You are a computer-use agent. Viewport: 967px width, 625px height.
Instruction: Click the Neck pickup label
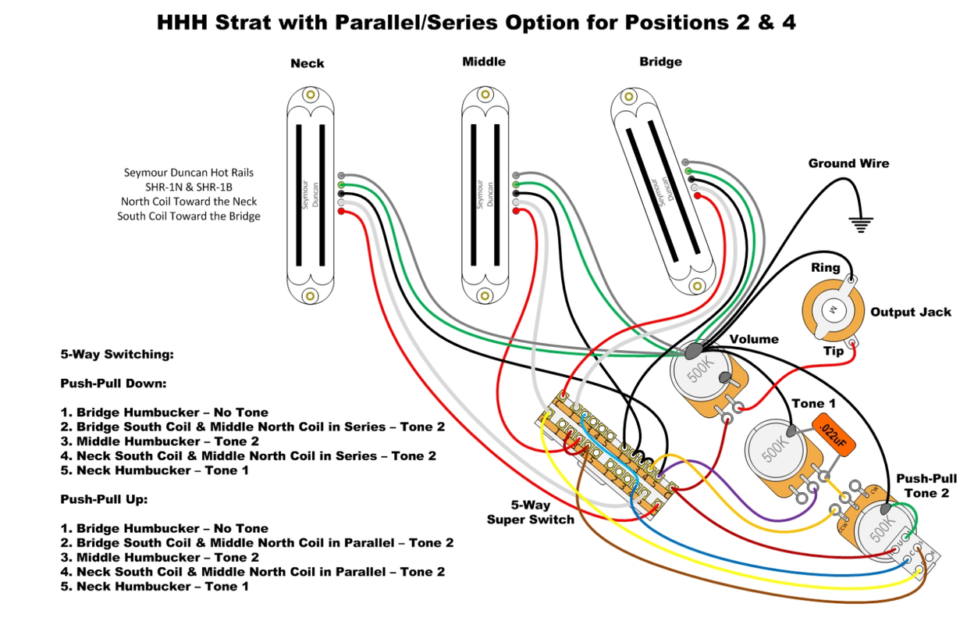(307, 63)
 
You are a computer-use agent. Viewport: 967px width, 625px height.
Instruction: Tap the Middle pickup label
(483, 62)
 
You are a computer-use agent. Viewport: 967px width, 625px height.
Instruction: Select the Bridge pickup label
(660, 62)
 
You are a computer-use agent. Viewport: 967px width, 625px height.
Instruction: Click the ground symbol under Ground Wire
(861, 224)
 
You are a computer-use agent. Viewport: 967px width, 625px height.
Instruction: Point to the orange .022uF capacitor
(834, 436)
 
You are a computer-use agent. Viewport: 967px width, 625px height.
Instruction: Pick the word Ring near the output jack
(825, 268)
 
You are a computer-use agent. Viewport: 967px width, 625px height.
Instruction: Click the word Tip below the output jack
(834, 352)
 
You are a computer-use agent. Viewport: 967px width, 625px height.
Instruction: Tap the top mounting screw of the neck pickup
(311, 95)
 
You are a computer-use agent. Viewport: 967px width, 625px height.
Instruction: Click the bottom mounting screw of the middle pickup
(485, 295)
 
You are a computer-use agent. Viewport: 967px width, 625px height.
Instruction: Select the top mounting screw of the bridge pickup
(627, 96)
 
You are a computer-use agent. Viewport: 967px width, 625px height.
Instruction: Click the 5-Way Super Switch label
(530, 512)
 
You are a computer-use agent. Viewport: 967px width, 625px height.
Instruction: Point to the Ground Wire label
(848, 163)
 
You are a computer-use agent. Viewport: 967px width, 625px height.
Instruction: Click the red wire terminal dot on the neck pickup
(342, 212)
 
